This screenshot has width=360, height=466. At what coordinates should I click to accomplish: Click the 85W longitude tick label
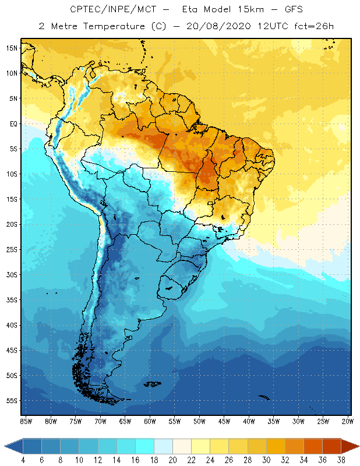(x=26, y=421)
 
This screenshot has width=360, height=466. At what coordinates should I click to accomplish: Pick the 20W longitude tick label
(x=348, y=421)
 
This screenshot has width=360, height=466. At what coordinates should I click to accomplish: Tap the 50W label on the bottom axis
(x=199, y=421)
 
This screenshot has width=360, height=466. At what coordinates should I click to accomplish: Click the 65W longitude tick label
(x=125, y=421)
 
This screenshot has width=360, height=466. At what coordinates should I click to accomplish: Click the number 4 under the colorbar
(x=23, y=460)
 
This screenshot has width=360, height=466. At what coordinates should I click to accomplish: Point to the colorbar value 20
(x=173, y=460)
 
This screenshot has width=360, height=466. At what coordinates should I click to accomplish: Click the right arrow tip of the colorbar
(x=358, y=446)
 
